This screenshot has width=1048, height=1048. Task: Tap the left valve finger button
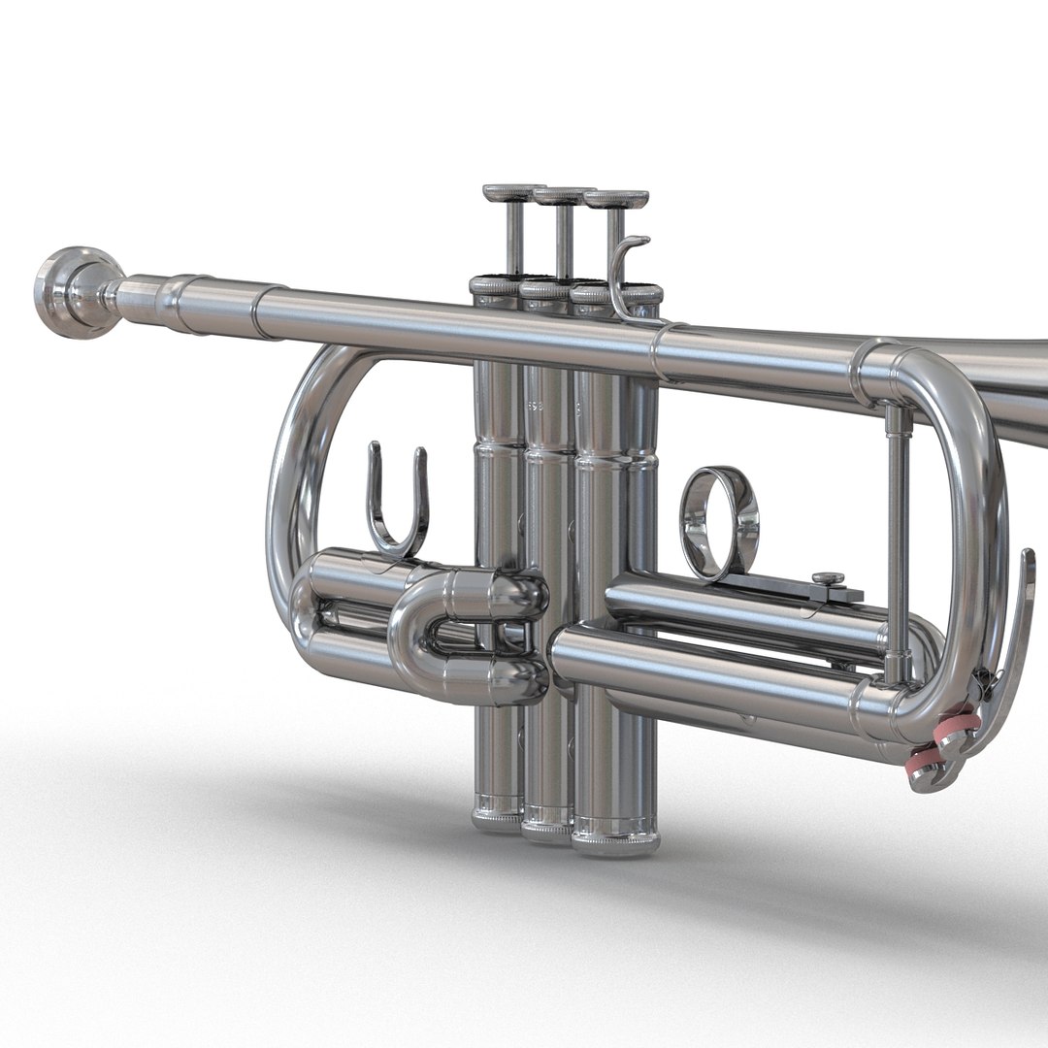[x=513, y=192]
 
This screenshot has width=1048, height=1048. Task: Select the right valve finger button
[x=616, y=199]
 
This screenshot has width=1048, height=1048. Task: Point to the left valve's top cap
[x=495, y=285]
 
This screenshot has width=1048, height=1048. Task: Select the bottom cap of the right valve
[x=615, y=836]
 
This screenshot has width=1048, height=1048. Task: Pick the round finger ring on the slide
[x=720, y=522]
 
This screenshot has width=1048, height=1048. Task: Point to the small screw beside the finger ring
[x=828, y=579]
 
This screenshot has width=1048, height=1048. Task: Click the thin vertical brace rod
[x=898, y=534]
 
